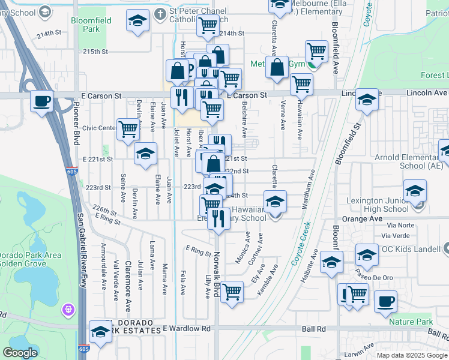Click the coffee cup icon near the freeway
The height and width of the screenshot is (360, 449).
coord(42,101)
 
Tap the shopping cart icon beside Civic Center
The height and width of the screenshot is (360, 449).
coord(128,130)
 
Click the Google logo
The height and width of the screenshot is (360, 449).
coord(20,353)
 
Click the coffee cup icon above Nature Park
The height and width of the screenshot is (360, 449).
coord(386,301)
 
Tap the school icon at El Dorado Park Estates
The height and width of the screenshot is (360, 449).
coord(100,331)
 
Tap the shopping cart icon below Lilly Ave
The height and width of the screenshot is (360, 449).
coord(232,292)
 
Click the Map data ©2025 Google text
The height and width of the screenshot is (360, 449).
coord(412,355)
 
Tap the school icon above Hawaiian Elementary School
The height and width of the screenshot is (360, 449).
coord(276,202)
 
